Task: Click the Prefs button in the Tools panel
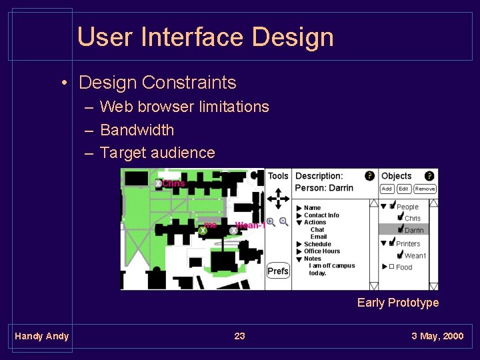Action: pyautogui.click(x=278, y=271)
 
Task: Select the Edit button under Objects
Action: pyautogui.click(x=404, y=189)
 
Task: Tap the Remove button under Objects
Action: pyautogui.click(x=425, y=189)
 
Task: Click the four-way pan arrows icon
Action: pyautogui.click(x=278, y=198)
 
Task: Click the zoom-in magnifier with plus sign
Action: pyautogui.click(x=271, y=222)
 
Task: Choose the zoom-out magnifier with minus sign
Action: pyautogui.click(x=283, y=222)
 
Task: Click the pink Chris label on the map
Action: pyautogui.click(x=173, y=183)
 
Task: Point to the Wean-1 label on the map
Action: pyautogui.click(x=250, y=225)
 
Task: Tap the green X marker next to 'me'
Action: pyautogui.click(x=202, y=230)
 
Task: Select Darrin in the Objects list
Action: pyautogui.click(x=413, y=230)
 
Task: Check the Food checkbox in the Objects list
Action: pyautogui.click(x=392, y=267)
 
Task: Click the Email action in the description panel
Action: pyautogui.click(x=319, y=237)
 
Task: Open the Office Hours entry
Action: pyautogui.click(x=322, y=251)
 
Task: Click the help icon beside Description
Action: pyautogui.click(x=369, y=176)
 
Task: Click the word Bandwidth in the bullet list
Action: pyautogui.click(x=137, y=130)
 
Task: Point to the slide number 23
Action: pyautogui.click(x=239, y=336)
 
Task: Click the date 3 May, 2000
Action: pyautogui.click(x=437, y=336)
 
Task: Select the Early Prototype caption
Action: pyautogui.click(x=398, y=303)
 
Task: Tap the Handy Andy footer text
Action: pyautogui.click(x=41, y=336)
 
